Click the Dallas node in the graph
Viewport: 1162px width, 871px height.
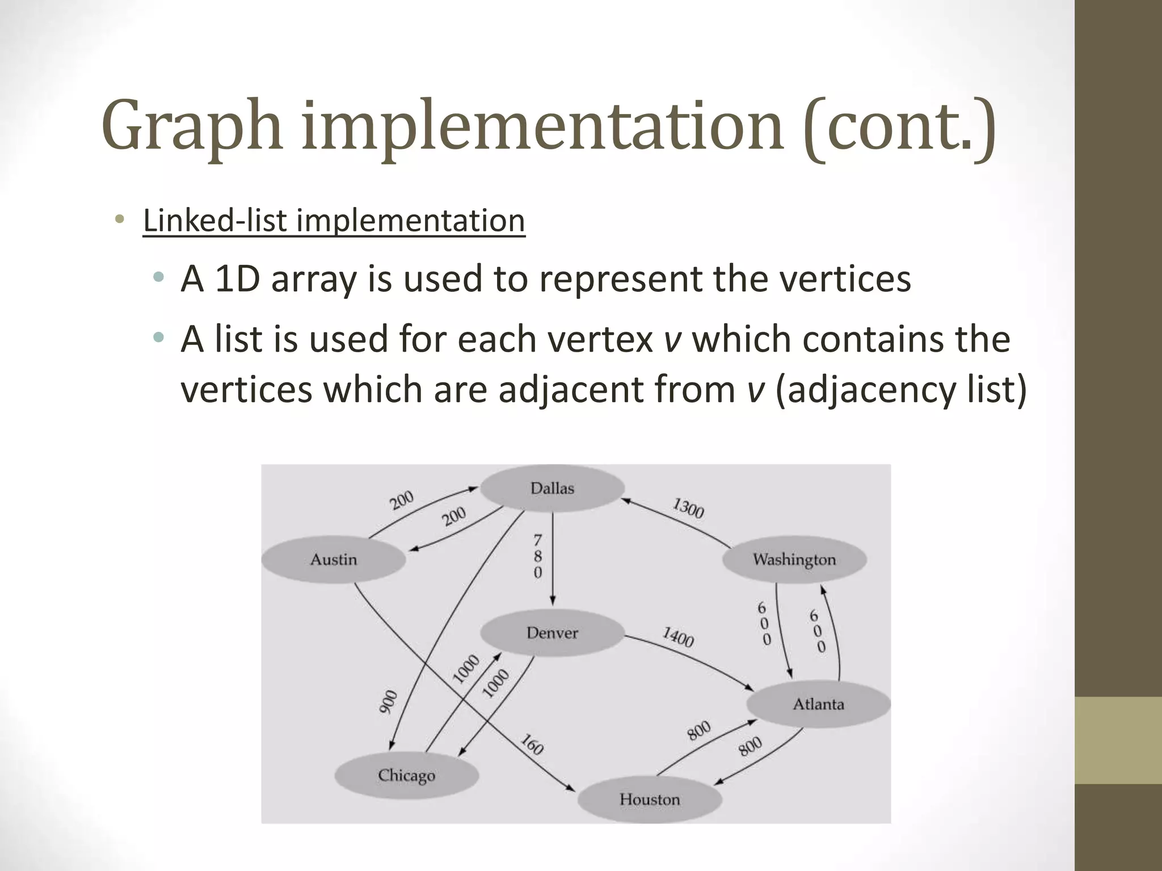tap(552, 488)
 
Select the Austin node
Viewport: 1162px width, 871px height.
tap(334, 560)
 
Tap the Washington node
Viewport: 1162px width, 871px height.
tap(794, 560)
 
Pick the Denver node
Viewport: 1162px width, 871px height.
tap(552, 633)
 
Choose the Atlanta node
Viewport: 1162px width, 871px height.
tap(818, 704)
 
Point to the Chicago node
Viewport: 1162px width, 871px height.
tap(406, 775)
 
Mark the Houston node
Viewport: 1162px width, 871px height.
tap(650, 800)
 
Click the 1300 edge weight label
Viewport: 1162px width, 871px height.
tap(688, 508)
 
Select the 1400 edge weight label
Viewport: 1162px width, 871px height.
tap(678, 637)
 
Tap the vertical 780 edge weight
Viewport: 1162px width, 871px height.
tap(537, 556)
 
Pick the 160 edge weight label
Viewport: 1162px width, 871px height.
tap(532, 745)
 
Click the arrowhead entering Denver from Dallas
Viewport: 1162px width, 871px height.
tap(553, 601)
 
